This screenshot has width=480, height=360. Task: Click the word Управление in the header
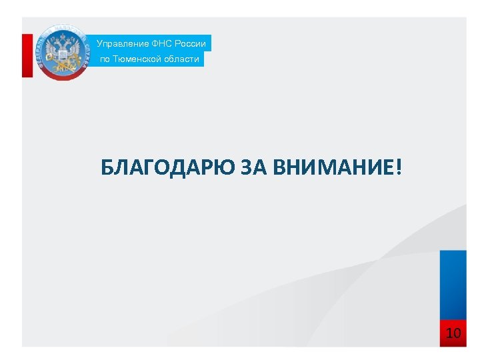(123, 43)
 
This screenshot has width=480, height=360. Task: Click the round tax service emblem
(62, 52)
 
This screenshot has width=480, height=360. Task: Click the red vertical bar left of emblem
(27, 55)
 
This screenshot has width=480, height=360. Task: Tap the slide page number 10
(453, 333)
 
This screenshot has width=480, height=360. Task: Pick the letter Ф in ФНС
(156, 43)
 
